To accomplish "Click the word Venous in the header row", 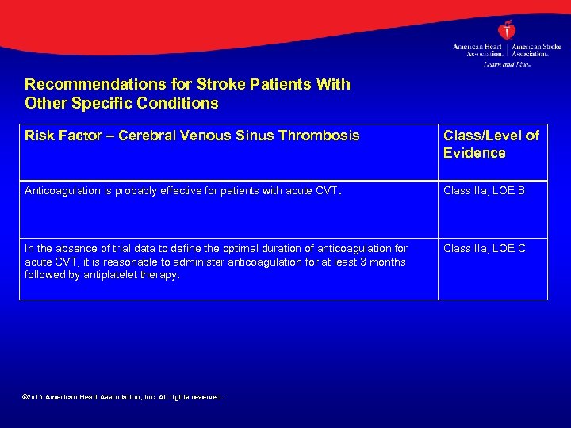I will (209, 136).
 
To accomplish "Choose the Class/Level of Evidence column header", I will (491, 144).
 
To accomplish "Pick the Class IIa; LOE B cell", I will (484, 191).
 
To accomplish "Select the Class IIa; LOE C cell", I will (484, 249).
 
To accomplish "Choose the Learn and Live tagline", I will (507, 64).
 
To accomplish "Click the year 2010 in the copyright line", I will (35, 397).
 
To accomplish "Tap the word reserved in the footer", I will (204, 397).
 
